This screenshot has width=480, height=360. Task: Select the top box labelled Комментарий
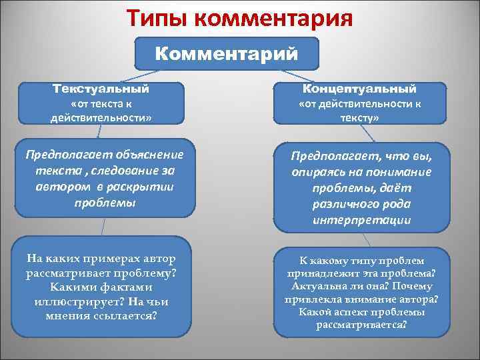click(227, 53)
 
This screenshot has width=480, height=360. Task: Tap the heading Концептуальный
click(359, 89)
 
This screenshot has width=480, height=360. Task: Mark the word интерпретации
click(361, 220)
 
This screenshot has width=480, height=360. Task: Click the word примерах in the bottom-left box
click(114, 258)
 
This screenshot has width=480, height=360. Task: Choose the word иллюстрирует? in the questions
click(65, 301)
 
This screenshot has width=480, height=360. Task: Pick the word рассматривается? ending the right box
click(361, 325)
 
